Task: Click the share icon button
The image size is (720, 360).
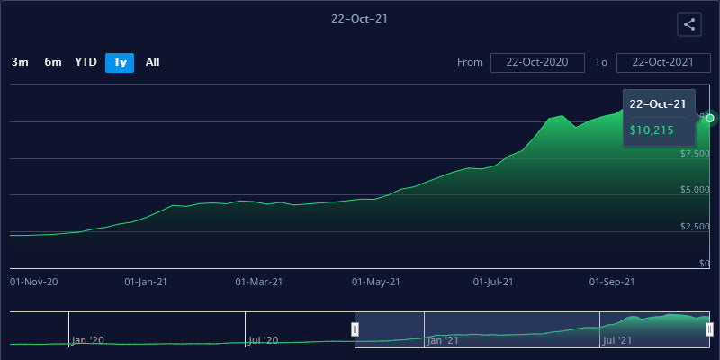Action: pyautogui.click(x=689, y=25)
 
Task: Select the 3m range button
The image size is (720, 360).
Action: pyautogui.click(x=20, y=62)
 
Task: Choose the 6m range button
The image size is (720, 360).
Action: pyautogui.click(x=53, y=62)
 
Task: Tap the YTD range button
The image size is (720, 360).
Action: pyautogui.click(x=85, y=62)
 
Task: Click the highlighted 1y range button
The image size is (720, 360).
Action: pyautogui.click(x=120, y=62)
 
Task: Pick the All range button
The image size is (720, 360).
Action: pyautogui.click(x=153, y=62)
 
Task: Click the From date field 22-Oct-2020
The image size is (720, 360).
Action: pyautogui.click(x=538, y=62)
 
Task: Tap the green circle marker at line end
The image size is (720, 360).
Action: pyautogui.click(x=710, y=118)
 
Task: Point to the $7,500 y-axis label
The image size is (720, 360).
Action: pyautogui.click(x=695, y=154)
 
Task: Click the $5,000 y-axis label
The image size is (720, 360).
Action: pyautogui.click(x=695, y=190)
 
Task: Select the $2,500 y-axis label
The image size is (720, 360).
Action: pyautogui.click(x=695, y=226)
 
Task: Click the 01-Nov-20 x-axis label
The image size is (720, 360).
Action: pyautogui.click(x=33, y=282)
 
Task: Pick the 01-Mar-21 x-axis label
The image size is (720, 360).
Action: pyautogui.click(x=259, y=282)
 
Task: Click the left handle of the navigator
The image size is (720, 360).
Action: pyautogui.click(x=355, y=329)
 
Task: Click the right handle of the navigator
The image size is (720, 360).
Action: pyautogui.click(x=710, y=329)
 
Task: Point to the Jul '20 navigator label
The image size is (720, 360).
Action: pyautogui.click(x=263, y=340)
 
